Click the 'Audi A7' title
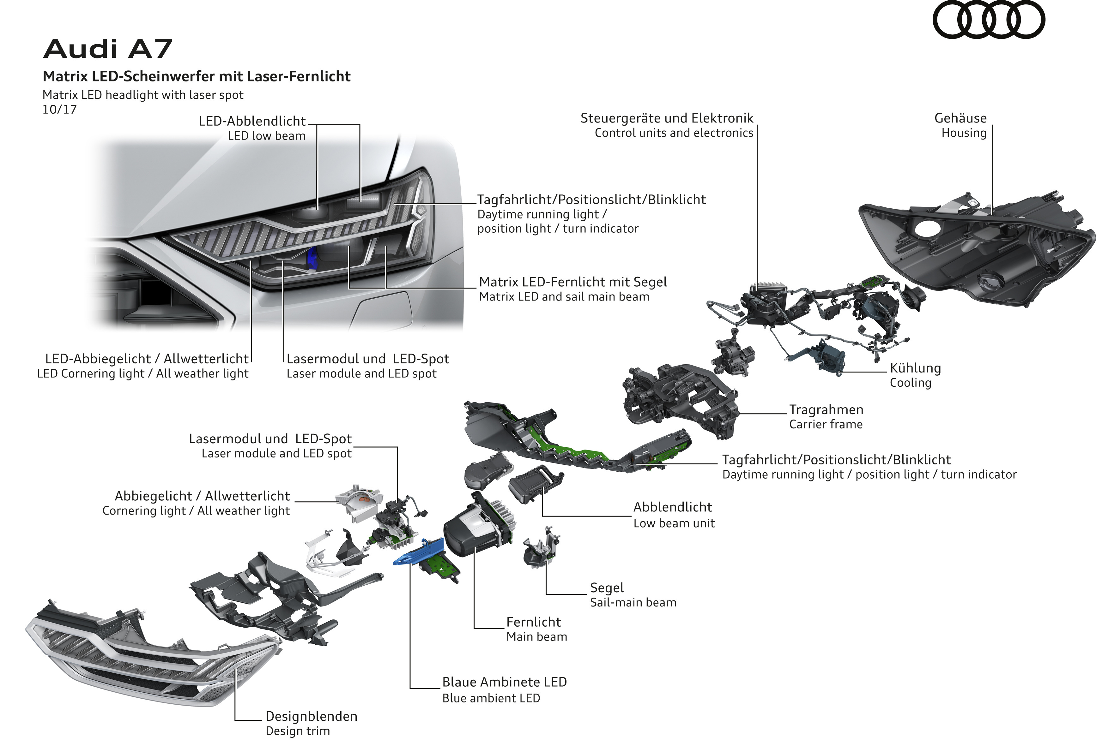click(x=108, y=49)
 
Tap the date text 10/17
click(x=59, y=110)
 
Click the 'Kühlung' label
click(x=915, y=368)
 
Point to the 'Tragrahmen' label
click(x=826, y=410)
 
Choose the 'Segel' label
click(x=607, y=588)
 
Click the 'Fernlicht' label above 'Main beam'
click(x=534, y=622)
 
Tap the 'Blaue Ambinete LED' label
click(x=505, y=682)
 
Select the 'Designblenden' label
click(x=311, y=716)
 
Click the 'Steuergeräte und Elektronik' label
click(x=667, y=118)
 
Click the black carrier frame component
click(x=680, y=401)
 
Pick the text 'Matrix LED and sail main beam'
click(x=564, y=297)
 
